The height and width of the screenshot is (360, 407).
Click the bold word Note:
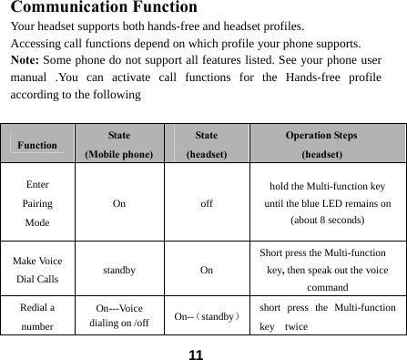(26, 59)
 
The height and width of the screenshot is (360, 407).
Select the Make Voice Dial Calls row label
(37, 270)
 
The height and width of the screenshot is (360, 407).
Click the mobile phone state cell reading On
(119, 204)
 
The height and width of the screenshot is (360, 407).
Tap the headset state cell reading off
(207, 204)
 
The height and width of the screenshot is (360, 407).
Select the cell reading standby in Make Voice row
(119, 270)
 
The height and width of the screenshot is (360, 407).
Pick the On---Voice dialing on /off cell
(119, 315)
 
